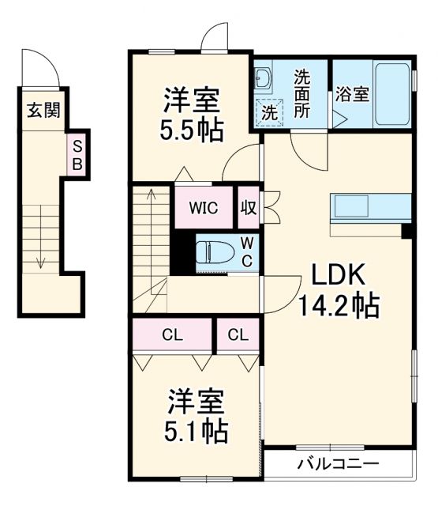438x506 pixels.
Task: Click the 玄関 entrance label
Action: click(44, 109)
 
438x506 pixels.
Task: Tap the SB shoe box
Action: click(78, 154)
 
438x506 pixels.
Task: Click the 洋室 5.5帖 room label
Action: click(193, 115)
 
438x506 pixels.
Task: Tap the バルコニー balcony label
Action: click(338, 463)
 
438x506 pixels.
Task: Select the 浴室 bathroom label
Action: click(351, 94)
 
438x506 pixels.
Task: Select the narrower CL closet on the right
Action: click(238, 334)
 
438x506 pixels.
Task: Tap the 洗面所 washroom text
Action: click(302, 94)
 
